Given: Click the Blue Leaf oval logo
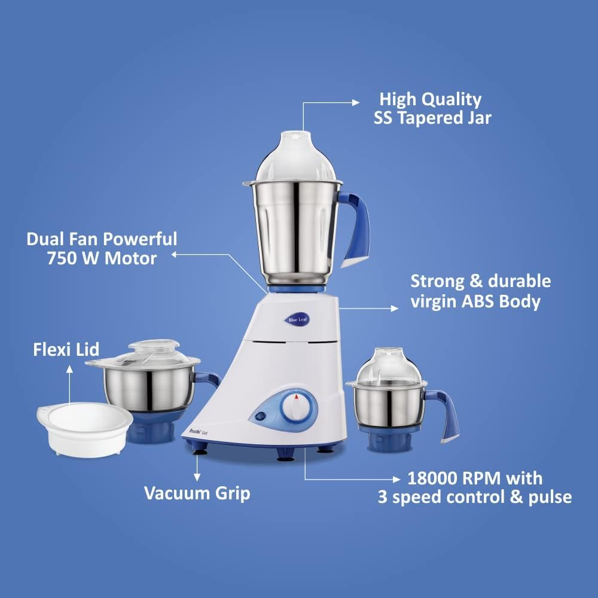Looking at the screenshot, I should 297,321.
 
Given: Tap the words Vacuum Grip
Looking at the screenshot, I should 197,493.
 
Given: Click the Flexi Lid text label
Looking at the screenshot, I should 66,349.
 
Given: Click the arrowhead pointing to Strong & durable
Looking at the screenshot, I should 393,309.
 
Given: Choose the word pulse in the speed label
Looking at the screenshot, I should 548,497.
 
